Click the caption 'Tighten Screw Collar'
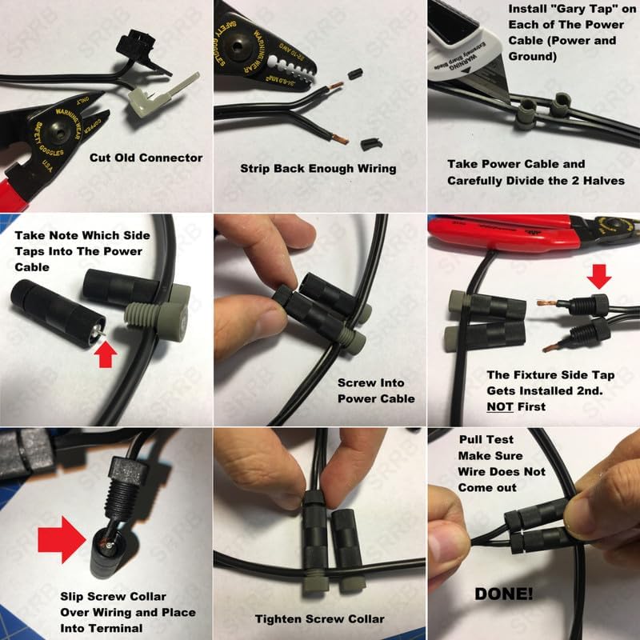pyautogui.click(x=319, y=618)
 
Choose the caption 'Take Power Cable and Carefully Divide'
pyautogui.click(x=535, y=172)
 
